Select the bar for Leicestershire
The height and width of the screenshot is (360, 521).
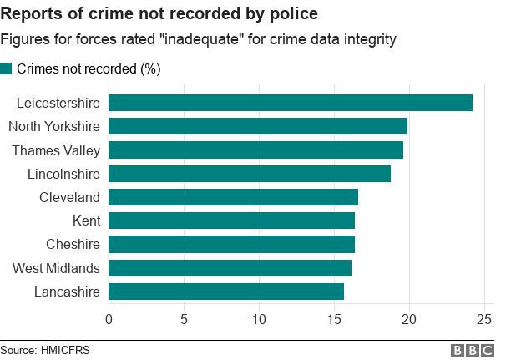(291, 103)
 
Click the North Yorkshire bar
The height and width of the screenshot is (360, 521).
(258, 126)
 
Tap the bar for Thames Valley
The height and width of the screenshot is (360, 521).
(255, 150)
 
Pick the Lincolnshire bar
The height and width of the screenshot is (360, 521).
(250, 174)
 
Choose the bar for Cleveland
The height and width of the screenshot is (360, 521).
(233, 197)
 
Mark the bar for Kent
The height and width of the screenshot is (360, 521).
(231, 221)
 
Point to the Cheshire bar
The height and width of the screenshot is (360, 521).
(231, 244)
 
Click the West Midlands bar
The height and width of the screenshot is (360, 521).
(230, 268)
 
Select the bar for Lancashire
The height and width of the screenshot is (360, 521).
(226, 292)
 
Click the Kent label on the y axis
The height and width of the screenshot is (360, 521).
(87, 221)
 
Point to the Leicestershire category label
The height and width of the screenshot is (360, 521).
(58, 104)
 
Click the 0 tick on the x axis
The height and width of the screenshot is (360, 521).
(109, 318)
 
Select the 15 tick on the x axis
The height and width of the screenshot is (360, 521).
(334, 318)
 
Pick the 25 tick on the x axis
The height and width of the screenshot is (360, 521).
(485, 318)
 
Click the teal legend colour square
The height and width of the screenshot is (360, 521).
(6, 68)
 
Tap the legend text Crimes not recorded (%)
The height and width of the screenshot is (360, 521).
(89, 68)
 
